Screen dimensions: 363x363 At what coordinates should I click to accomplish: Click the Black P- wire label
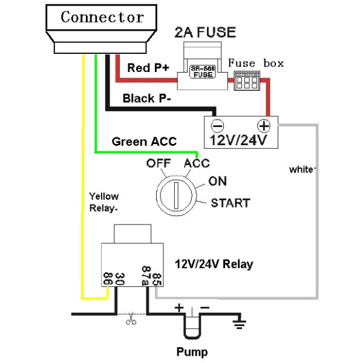click(x=145, y=98)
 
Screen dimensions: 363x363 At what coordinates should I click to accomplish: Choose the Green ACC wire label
click(x=144, y=142)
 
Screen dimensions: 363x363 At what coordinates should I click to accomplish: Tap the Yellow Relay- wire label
click(x=104, y=202)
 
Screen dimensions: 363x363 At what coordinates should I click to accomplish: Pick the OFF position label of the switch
click(x=158, y=163)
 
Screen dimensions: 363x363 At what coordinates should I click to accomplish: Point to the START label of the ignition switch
click(x=230, y=203)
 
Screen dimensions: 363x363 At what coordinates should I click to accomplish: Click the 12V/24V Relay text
click(x=214, y=264)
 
